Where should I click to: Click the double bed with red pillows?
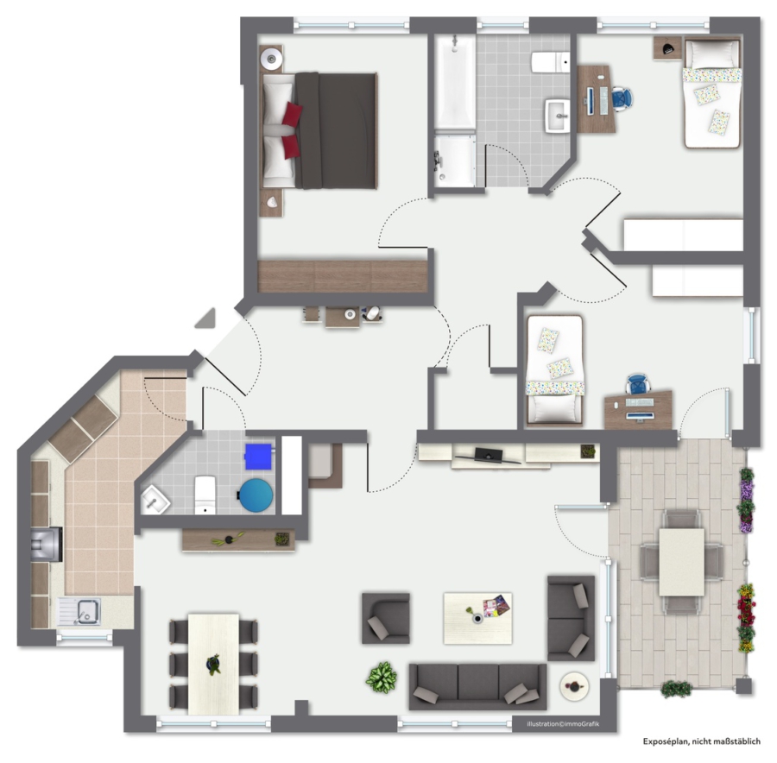[x=319, y=131]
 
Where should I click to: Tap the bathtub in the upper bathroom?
[x=454, y=82]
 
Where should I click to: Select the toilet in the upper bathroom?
[x=551, y=62]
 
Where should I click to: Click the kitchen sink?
[x=80, y=611]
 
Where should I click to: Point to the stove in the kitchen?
[x=47, y=544]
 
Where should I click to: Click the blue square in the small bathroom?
[x=258, y=457]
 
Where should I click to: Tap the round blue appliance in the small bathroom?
[x=256, y=495]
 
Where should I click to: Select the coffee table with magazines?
[x=477, y=618]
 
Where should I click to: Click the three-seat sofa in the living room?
[x=477, y=686]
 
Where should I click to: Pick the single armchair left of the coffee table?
[x=386, y=618]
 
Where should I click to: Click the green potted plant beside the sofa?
[x=381, y=678]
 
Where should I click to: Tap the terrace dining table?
[x=681, y=562]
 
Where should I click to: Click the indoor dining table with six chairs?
[x=213, y=664]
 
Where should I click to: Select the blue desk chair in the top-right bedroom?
[x=622, y=98]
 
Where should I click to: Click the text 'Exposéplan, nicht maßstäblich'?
[x=702, y=741]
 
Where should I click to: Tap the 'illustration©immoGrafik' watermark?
[x=563, y=724]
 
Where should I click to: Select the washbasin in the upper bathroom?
[x=558, y=116]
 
